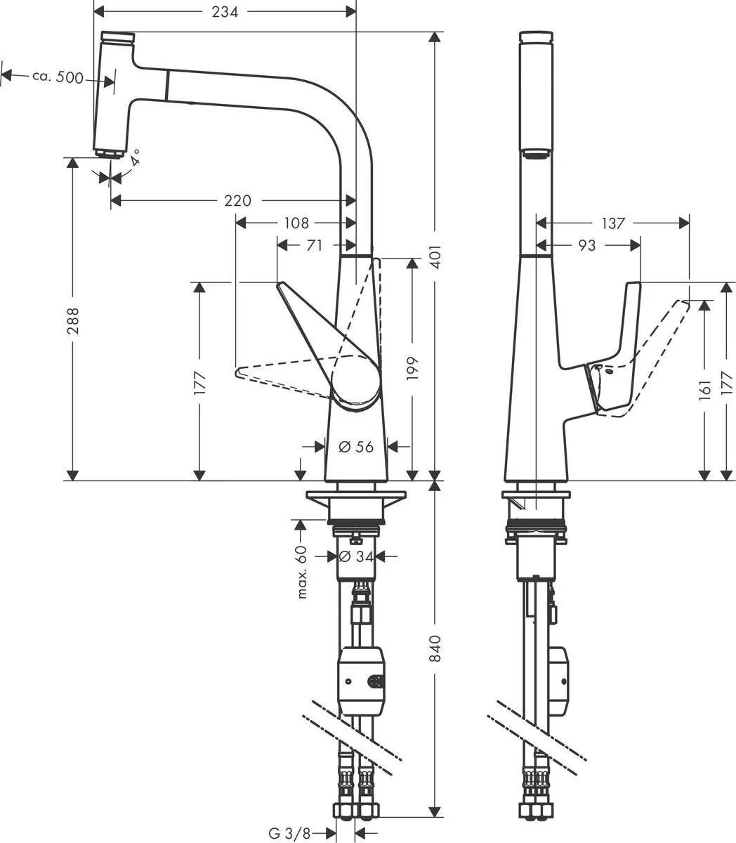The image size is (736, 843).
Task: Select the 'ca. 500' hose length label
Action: click(x=58, y=77)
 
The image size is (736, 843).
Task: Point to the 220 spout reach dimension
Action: click(x=237, y=201)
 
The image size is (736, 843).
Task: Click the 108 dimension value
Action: click(x=296, y=223)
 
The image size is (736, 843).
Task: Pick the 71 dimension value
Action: click(x=315, y=245)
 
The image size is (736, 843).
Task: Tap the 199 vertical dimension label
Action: click(x=412, y=369)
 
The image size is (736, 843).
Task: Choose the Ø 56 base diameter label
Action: click(x=356, y=446)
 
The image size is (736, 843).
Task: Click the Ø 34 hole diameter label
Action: click(x=355, y=556)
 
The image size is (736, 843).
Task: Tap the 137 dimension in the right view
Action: click(x=612, y=223)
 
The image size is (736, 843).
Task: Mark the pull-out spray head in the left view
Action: click(x=110, y=94)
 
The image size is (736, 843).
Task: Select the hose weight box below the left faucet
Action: click(x=361, y=680)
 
